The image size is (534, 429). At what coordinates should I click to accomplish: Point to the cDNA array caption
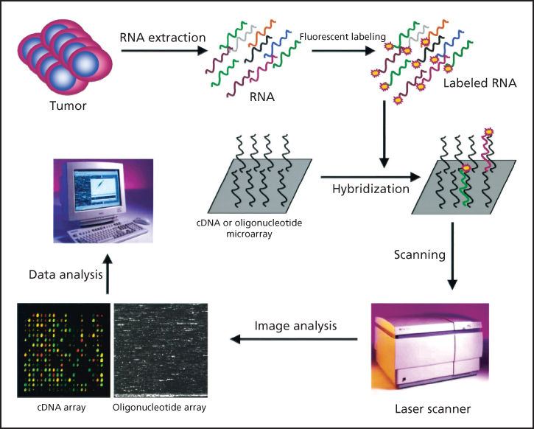pos(59,407)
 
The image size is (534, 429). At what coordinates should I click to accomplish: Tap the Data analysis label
pos(66,275)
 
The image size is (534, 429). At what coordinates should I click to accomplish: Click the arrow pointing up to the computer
pos(108,276)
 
